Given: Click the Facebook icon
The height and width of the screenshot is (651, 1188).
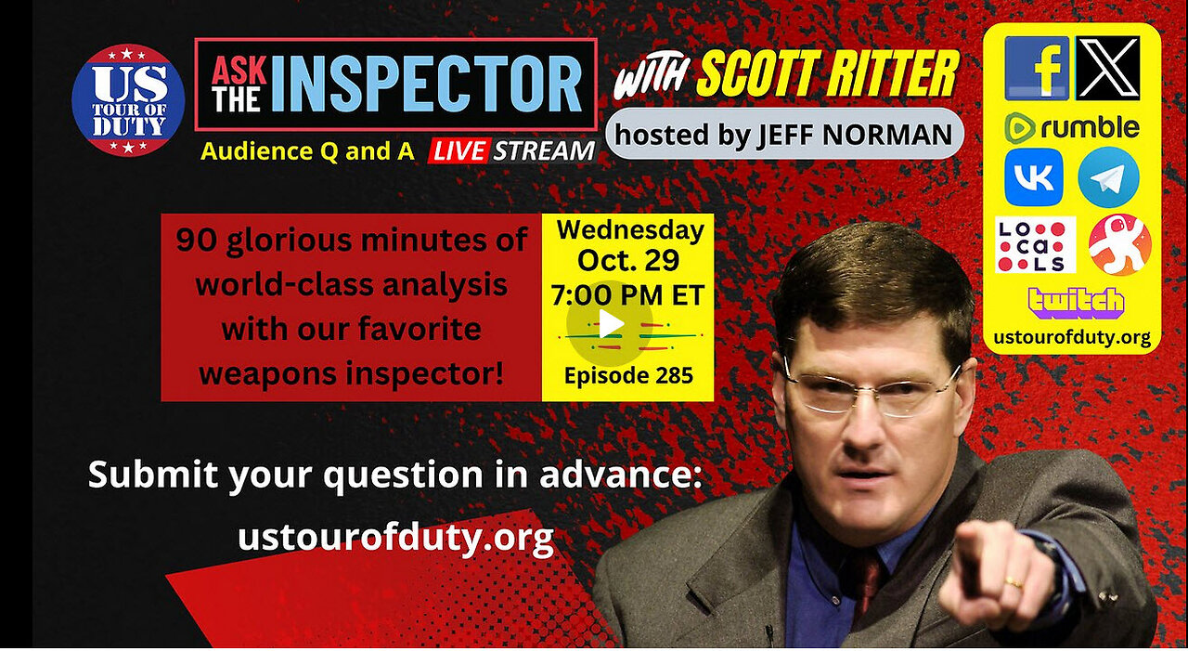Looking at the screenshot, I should click(1036, 68).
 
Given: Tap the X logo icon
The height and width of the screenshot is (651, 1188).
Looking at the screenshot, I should click(1107, 68).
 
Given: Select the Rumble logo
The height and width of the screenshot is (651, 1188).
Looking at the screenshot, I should click(1071, 127).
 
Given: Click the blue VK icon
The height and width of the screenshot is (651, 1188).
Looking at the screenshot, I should click(1033, 177).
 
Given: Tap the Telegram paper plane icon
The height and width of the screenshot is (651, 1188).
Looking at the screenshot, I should click(1108, 177).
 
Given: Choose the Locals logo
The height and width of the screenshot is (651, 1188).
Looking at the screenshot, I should click(1035, 245).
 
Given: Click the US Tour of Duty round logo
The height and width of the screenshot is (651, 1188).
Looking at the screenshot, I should click(128, 99).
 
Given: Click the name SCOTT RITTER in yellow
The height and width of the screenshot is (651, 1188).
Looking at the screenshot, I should click(827, 74).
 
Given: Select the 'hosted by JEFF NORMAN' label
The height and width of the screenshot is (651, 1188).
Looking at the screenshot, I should click(783, 136).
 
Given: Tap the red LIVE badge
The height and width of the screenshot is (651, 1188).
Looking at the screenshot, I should click(458, 150).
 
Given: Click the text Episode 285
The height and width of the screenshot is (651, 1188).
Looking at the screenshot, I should click(627, 375).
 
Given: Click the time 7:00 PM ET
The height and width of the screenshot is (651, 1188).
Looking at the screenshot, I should click(627, 295).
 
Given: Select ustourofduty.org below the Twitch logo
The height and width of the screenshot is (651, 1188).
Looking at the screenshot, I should click(1071, 337).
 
